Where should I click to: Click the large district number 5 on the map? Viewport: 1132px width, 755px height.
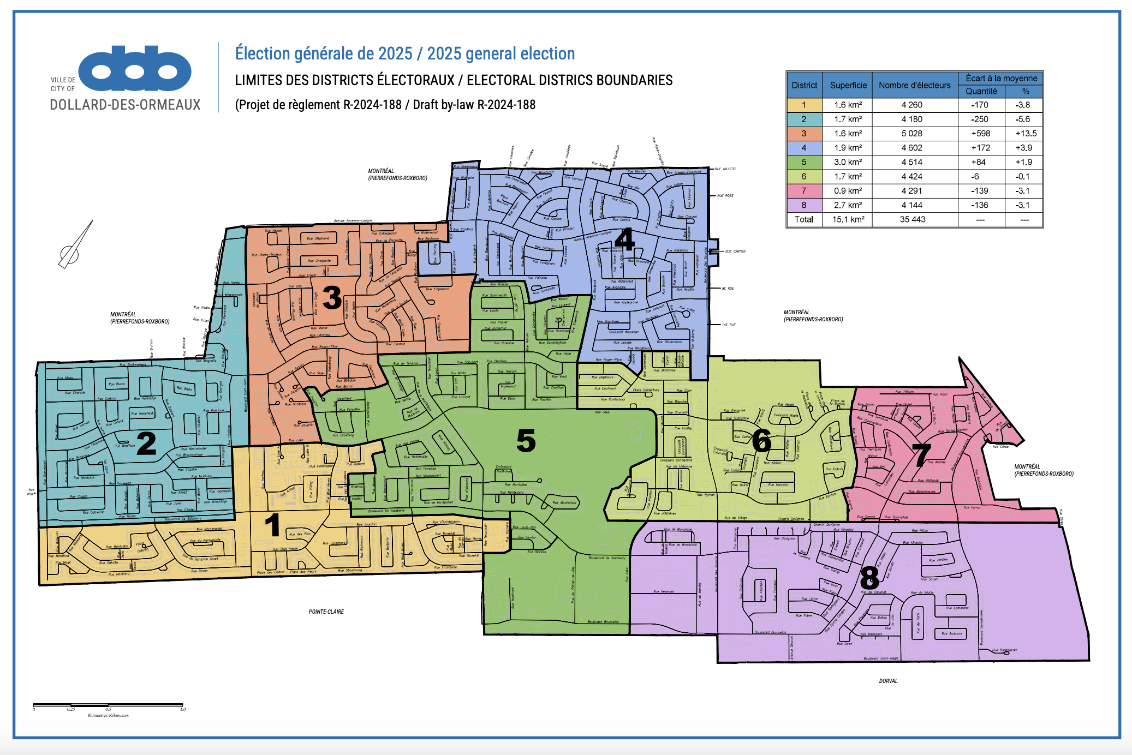tap(526, 441)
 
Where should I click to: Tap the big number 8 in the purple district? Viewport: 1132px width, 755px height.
tap(869, 578)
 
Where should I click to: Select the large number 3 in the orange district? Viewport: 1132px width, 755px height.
tap(332, 298)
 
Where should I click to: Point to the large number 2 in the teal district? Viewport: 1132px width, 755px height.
tap(146, 443)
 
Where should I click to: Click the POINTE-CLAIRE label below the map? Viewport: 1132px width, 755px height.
tap(326, 612)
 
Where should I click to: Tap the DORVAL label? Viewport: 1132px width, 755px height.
tap(888, 681)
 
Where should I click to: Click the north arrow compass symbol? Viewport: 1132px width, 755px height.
tap(75, 245)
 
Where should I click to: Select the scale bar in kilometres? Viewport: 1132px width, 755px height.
tap(108, 706)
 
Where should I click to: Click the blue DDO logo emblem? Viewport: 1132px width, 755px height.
tap(135, 69)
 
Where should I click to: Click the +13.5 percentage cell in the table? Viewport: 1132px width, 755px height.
tap(1026, 134)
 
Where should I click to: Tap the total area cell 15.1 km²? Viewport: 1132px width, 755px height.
tap(848, 219)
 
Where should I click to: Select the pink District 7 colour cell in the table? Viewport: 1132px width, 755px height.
tap(804, 191)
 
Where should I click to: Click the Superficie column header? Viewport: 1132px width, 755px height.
tap(848, 85)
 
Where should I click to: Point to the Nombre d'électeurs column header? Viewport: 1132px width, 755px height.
tap(914, 85)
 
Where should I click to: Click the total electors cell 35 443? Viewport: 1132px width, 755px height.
tap(912, 219)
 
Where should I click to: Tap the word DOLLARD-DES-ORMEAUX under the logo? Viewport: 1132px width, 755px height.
tap(125, 105)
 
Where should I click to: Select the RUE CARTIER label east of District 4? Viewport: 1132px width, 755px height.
tap(735, 251)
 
